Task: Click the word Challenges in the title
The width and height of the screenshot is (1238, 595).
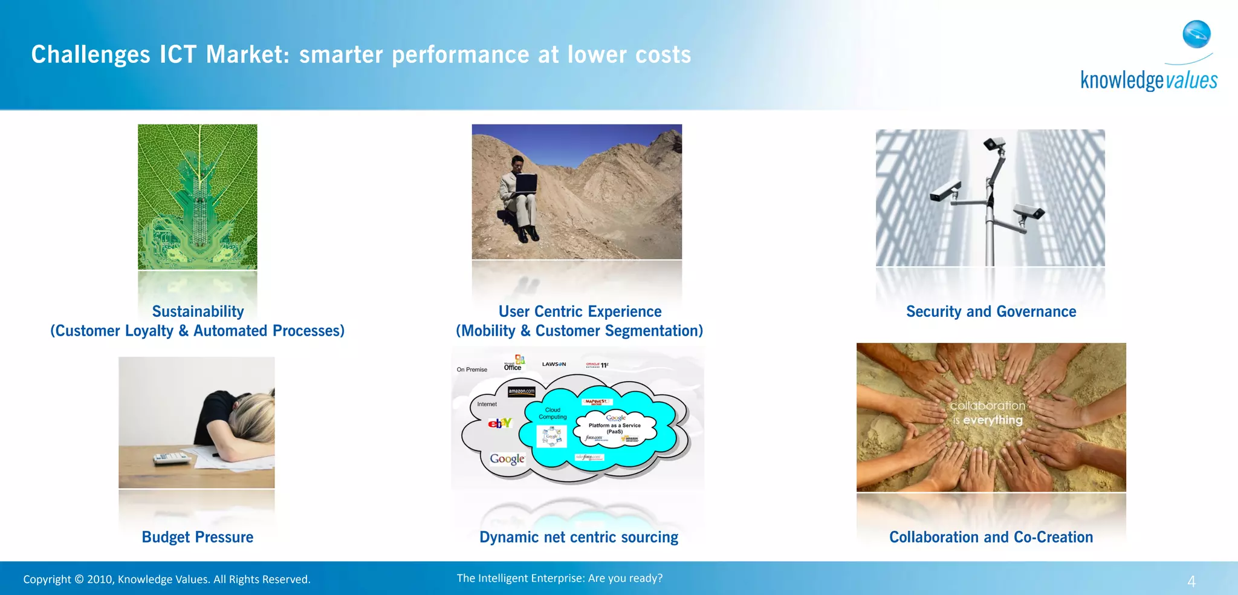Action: point(91,55)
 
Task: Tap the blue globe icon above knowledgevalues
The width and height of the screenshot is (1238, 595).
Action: point(1196,34)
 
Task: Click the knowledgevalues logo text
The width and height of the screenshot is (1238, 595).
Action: point(1149,80)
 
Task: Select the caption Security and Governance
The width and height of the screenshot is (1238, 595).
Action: point(991,311)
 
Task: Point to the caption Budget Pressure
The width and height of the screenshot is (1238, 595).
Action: point(197,537)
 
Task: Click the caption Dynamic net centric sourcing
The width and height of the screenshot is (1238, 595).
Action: point(578,537)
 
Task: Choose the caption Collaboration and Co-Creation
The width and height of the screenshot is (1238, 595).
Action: point(991,537)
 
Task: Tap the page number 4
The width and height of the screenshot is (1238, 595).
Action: point(1191,582)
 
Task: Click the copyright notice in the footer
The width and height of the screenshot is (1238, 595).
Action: point(167,579)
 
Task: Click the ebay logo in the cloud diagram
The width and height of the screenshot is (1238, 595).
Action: point(499,423)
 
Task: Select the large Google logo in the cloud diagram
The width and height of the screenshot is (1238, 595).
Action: point(507,459)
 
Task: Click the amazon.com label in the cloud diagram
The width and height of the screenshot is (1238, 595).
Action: point(521,391)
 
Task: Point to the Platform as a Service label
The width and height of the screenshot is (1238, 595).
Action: point(614,428)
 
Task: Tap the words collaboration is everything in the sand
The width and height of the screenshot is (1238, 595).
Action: point(988,412)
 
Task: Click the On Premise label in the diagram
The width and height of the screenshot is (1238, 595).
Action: point(472,369)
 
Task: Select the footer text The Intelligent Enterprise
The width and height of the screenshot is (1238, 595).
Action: point(559,578)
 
